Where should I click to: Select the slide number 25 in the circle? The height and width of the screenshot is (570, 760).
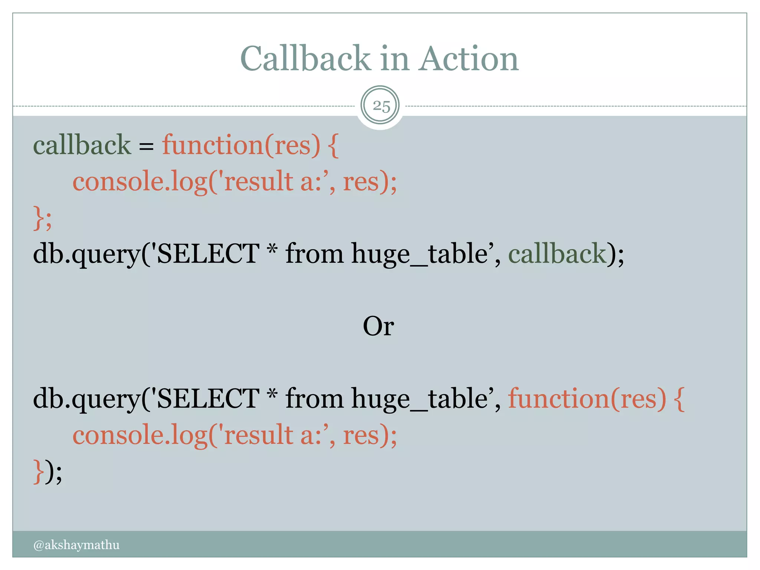point(381,106)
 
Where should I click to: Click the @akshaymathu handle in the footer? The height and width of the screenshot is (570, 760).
point(76,545)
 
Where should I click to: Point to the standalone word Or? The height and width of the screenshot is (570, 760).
point(378,326)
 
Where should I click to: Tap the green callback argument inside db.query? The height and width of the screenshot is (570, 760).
point(557,254)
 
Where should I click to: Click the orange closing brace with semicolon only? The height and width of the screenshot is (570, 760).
point(42,218)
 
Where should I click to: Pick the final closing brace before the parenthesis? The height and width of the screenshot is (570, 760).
point(38,472)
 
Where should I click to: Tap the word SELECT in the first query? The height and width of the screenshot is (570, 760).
point(208,254)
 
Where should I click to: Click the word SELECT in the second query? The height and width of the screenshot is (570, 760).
point(208,399)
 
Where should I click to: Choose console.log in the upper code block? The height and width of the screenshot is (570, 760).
point(140,182)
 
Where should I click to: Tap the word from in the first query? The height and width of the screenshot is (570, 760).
point(314,254)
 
